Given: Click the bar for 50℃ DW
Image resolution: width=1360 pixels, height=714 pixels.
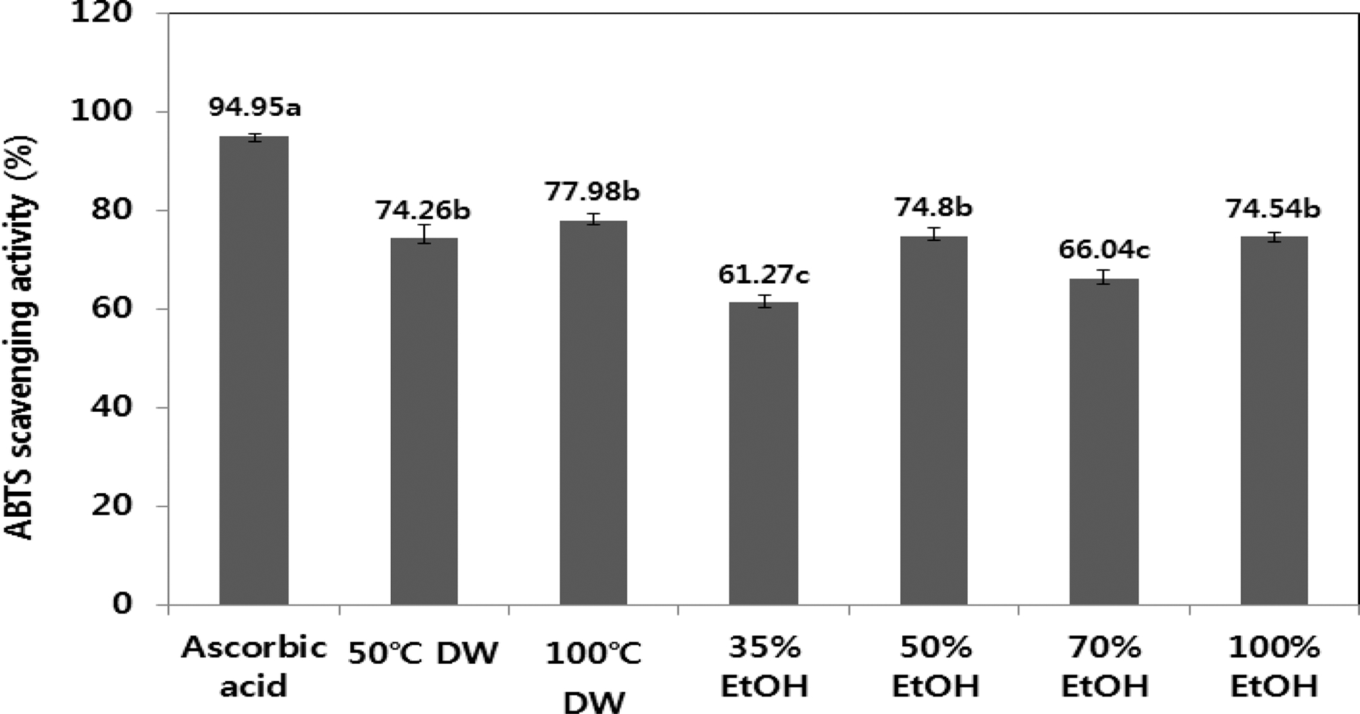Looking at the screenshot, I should [x=424, y=421].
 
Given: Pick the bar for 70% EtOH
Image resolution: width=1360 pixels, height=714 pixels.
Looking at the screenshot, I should [x=1104, y=441].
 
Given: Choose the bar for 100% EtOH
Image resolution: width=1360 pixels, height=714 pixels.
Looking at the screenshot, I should [x=1274, y=420].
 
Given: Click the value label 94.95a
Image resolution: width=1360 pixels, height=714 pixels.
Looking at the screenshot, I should [x=254, y=107].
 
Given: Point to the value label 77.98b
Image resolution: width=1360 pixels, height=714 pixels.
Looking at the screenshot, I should [x=593, y=192].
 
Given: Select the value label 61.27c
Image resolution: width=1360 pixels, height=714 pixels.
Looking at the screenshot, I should [x=764, y=274].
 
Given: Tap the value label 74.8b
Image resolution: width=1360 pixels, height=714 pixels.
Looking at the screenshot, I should [x=933, y=207].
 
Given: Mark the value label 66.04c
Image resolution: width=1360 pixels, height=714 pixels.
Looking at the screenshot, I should [x=1104, y=250].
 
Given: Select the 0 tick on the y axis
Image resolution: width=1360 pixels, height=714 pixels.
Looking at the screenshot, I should [x=122, y=604].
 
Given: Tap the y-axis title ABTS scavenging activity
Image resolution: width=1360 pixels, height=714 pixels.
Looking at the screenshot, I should [x=22, y=337].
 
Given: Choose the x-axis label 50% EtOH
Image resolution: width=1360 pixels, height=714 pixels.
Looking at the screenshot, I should [x=935, y=668].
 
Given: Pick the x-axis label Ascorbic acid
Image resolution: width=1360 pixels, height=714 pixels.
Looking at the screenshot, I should [x=254, y=668].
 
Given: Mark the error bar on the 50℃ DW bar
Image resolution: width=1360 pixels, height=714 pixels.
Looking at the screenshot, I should [x=424, y=234].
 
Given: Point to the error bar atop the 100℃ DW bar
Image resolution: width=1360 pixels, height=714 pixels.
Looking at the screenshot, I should [x=594, y=219].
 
